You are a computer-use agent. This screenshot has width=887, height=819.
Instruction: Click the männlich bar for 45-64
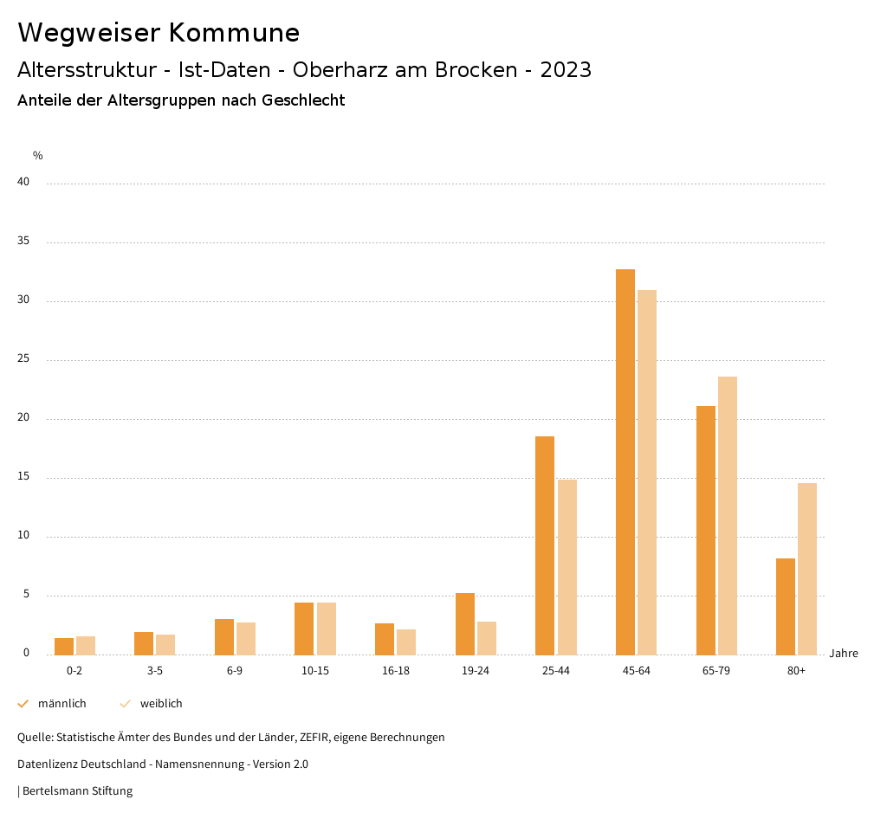click(x=625, y=461)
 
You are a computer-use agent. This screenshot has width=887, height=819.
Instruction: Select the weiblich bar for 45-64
click(x=647, y=472)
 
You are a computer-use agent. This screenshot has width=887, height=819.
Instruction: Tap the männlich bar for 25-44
click(x=545, y=545)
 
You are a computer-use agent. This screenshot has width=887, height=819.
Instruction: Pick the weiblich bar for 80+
click(x=807, y=569)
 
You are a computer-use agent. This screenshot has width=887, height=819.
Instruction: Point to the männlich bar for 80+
click(x=786, y=606)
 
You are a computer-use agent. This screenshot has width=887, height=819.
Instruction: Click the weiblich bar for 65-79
click(x=728, y=515)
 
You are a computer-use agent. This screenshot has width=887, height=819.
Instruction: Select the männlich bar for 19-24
click(x=465, y=623)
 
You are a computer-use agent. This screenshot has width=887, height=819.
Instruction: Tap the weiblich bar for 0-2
click(x=86, y=646)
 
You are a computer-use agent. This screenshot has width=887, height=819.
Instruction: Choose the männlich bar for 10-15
click(x=304, y=629)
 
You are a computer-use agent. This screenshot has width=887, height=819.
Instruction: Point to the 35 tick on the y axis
click(x=23, y=242)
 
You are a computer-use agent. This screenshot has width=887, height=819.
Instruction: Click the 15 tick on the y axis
click(x=23, y=477)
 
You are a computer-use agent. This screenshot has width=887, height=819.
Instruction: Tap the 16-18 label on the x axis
click(x=395, y=671)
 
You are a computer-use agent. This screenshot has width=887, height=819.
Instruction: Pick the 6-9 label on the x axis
click(x=235, y=671)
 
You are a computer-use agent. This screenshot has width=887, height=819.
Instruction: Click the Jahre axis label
click(x=844, y=654)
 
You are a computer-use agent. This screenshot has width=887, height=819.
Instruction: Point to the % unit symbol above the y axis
click(x=38, y=156)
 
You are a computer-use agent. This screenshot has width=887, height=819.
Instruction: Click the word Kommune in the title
click(x=234, y=33)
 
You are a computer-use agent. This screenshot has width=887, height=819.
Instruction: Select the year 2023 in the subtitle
click(x=566, y=70)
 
